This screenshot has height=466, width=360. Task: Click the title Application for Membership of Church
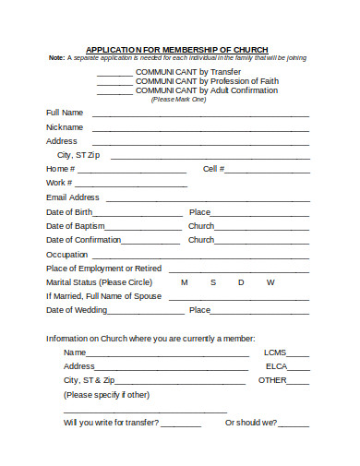177,49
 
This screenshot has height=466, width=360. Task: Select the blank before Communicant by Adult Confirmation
114,92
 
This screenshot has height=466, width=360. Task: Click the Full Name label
65,113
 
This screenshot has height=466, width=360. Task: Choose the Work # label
59,183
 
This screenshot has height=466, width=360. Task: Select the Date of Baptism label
75,225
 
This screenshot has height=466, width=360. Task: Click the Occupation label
67,254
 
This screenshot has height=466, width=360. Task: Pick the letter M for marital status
185,282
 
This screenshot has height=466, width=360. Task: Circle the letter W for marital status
270,282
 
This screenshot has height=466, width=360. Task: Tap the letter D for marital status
241,282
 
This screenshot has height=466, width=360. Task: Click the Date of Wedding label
77,310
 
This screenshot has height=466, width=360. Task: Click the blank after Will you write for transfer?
182,425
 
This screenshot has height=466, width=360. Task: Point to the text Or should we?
251,423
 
